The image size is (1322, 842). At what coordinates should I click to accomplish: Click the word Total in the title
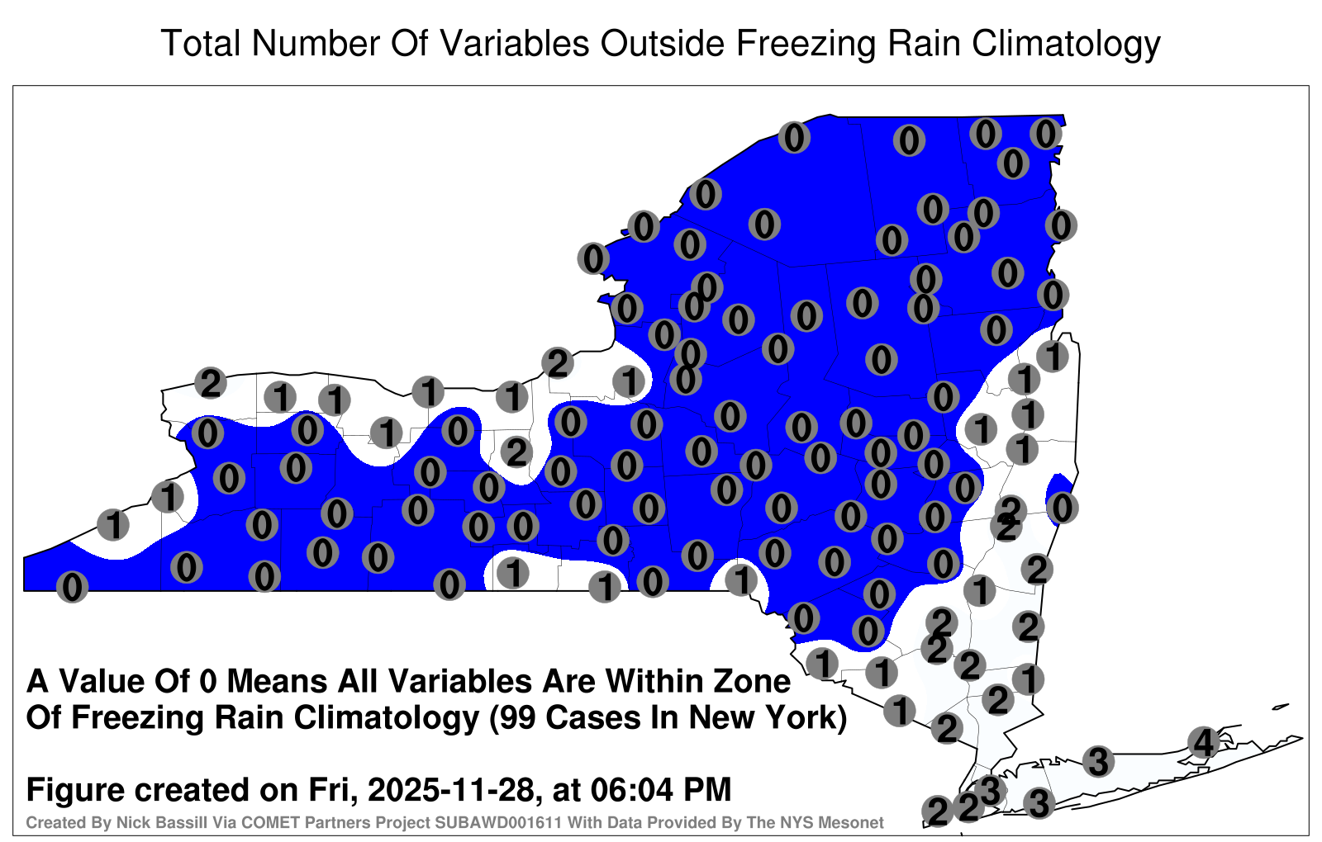click(200, 43)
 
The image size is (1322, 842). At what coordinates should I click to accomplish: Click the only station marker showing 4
click(1203, 742)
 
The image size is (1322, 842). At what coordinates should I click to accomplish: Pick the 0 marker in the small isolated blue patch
click(1063, 508)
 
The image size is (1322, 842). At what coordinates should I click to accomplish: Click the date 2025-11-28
click(451, 789)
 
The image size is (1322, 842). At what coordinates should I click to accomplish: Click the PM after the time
click(707, 789)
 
